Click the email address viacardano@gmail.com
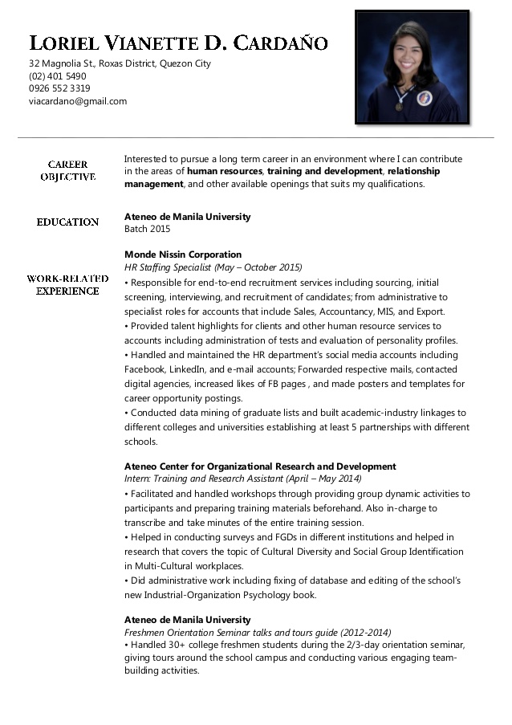[78, 101]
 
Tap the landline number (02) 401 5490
[57, 76]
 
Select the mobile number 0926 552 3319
[59, 88]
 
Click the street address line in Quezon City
[120, 63]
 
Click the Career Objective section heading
[67, 170]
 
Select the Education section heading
[67, 222]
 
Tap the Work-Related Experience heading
[67, 284]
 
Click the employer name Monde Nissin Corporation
[183, 255]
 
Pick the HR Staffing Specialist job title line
[213, 267]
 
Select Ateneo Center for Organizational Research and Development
[260, 466]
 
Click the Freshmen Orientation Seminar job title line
[258, 633]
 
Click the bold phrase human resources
[225, 171]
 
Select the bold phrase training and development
[324, 171]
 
